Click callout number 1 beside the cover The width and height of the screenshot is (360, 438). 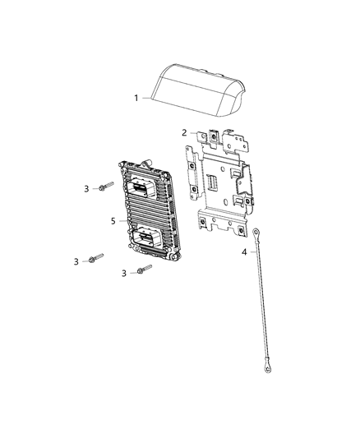click(x=136, y=99)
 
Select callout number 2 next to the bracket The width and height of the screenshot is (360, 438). click(x=184, y=132)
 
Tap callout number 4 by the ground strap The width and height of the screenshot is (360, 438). click(x=244, y=252)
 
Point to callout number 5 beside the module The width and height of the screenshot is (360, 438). click(x=113, y=221)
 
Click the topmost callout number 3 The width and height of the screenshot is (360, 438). click(x=86, y=189)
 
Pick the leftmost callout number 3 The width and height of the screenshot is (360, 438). click(x=76, y=262)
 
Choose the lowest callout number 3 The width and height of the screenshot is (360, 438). click(x=124, y=273)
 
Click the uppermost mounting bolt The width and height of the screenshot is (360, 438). click(x=106, y=187)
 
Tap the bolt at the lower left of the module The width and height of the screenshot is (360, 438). click(x=96, y=258)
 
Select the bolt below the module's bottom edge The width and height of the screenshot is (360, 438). click(x=145, y=269)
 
